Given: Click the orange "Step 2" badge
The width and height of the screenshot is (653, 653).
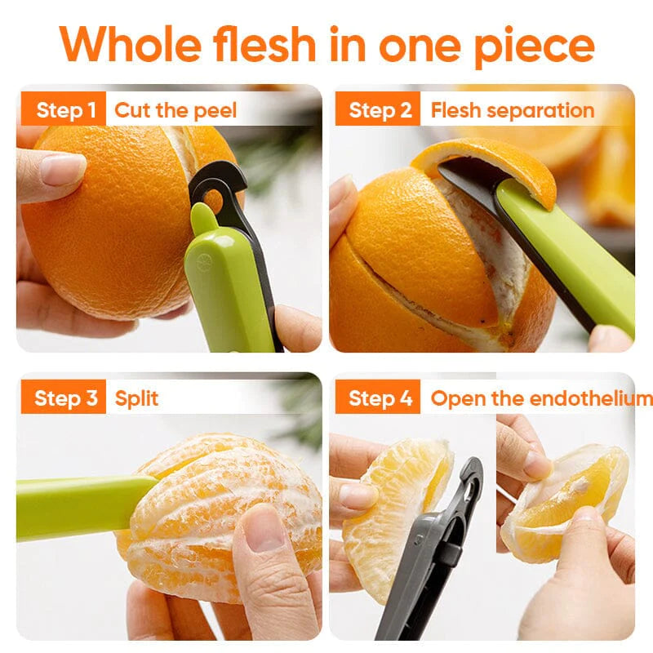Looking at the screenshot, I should (x=380, y=110).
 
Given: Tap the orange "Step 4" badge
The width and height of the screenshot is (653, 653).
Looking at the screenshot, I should (x=380, y=398).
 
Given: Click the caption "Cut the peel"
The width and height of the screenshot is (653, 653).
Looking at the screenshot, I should (x=175, y=110).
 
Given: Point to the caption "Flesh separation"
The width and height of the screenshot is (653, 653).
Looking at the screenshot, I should (x=513, y=110).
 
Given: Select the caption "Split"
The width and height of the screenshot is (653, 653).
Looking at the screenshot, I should (x=136, y=398).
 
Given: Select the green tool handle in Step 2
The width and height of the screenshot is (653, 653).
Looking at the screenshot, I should (x=571, y=261).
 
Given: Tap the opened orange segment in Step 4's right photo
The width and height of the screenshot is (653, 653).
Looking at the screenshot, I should (x=571, y=498).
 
